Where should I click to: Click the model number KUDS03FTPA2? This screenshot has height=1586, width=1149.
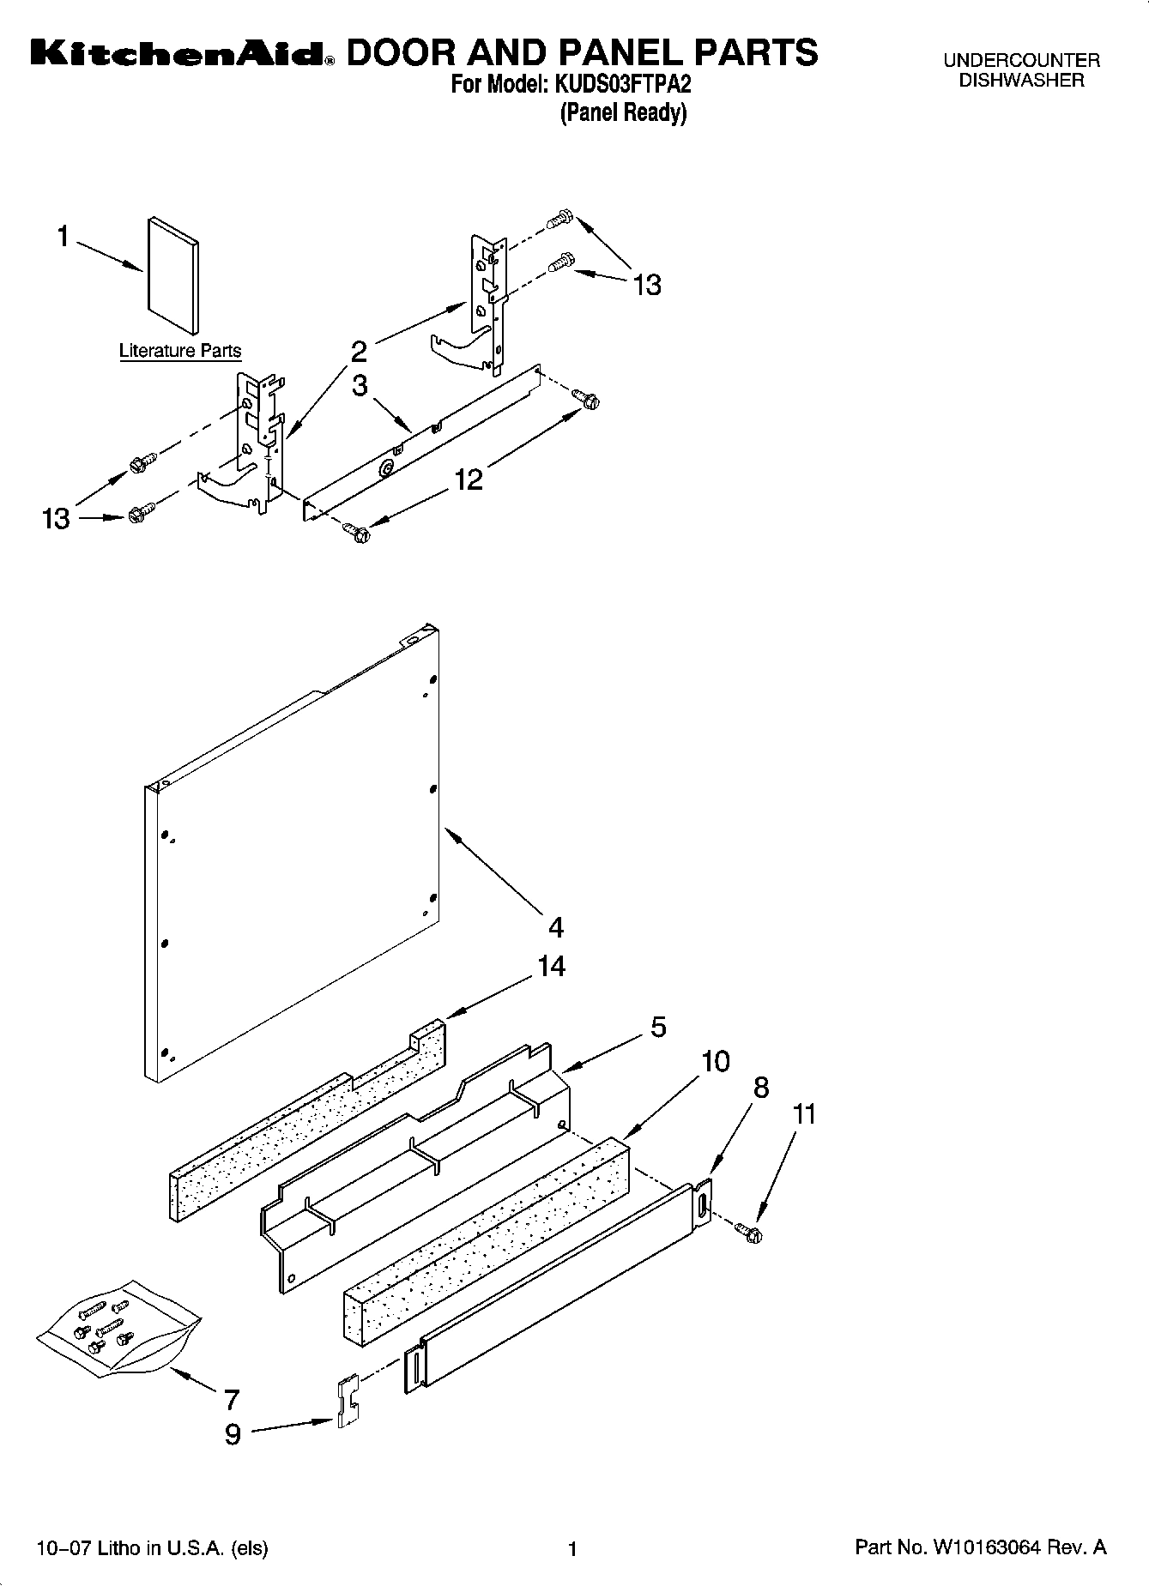[x=630, y=85]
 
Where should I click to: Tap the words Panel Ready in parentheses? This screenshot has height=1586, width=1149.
[x=623, y=112]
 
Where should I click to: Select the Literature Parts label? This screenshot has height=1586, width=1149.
[x=180, y=351]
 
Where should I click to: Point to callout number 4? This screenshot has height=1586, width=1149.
[x=556, y=927]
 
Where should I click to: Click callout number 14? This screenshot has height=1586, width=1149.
[x=551, y=966]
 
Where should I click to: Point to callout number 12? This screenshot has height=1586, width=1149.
[x=469, y=479]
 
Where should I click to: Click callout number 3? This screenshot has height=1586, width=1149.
[x=360, y=385]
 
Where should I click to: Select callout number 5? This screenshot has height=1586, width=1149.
[x=658, y=1027]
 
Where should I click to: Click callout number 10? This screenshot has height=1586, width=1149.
[x=716, y=1061]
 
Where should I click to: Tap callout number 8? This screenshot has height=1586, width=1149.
[x=760, y=1088]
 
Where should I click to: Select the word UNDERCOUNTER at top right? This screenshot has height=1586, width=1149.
[x=1021, y=61]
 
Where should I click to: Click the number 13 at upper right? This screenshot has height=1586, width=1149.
[x=647, y=285]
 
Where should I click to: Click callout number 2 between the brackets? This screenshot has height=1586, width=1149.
[x=359, y=351]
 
